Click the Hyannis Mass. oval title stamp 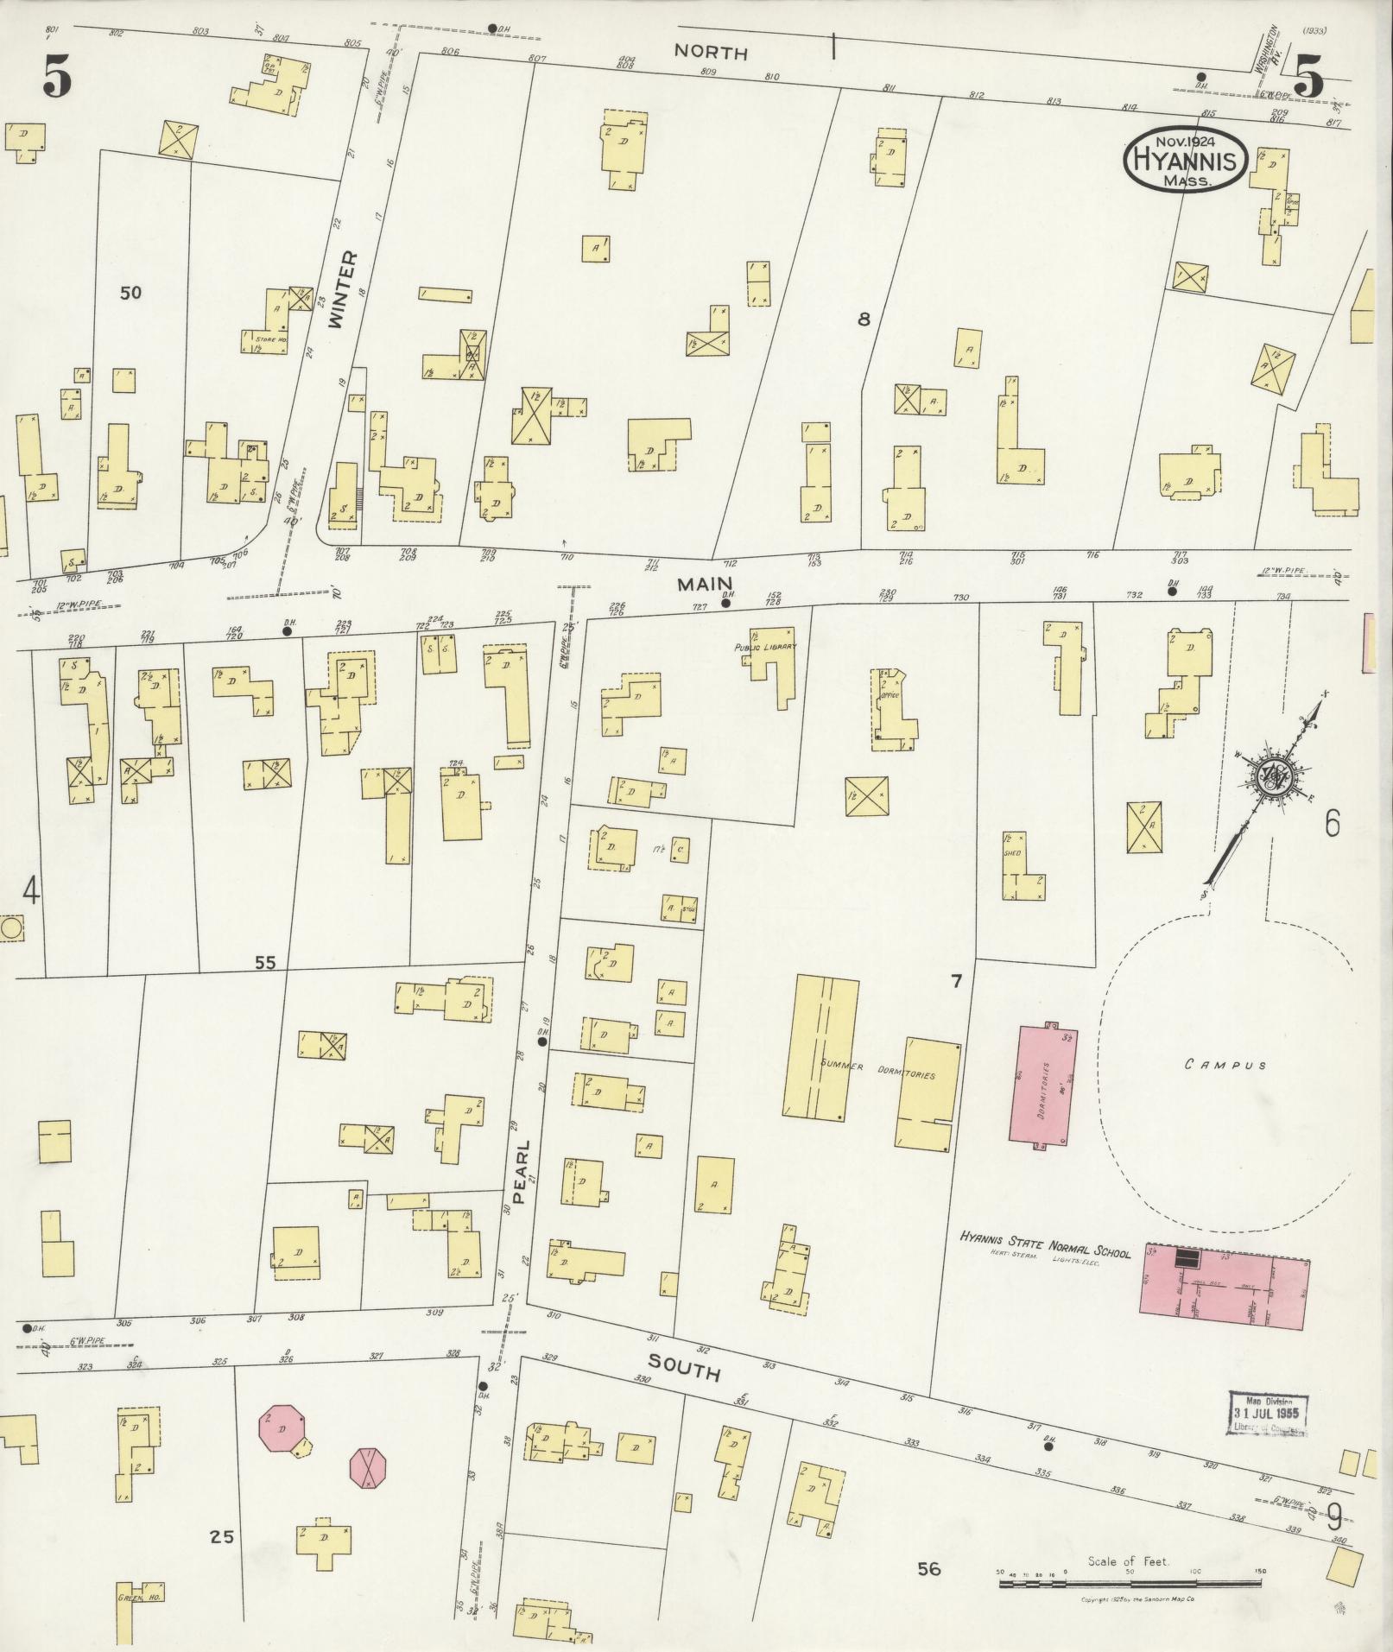pyautogui.click(x=1185, y=159)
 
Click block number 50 pyautogui.click(x=130, y=293)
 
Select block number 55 pyautogui.click(x=265, y=962)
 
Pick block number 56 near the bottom pyautogui.click(x=928, y=1569)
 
